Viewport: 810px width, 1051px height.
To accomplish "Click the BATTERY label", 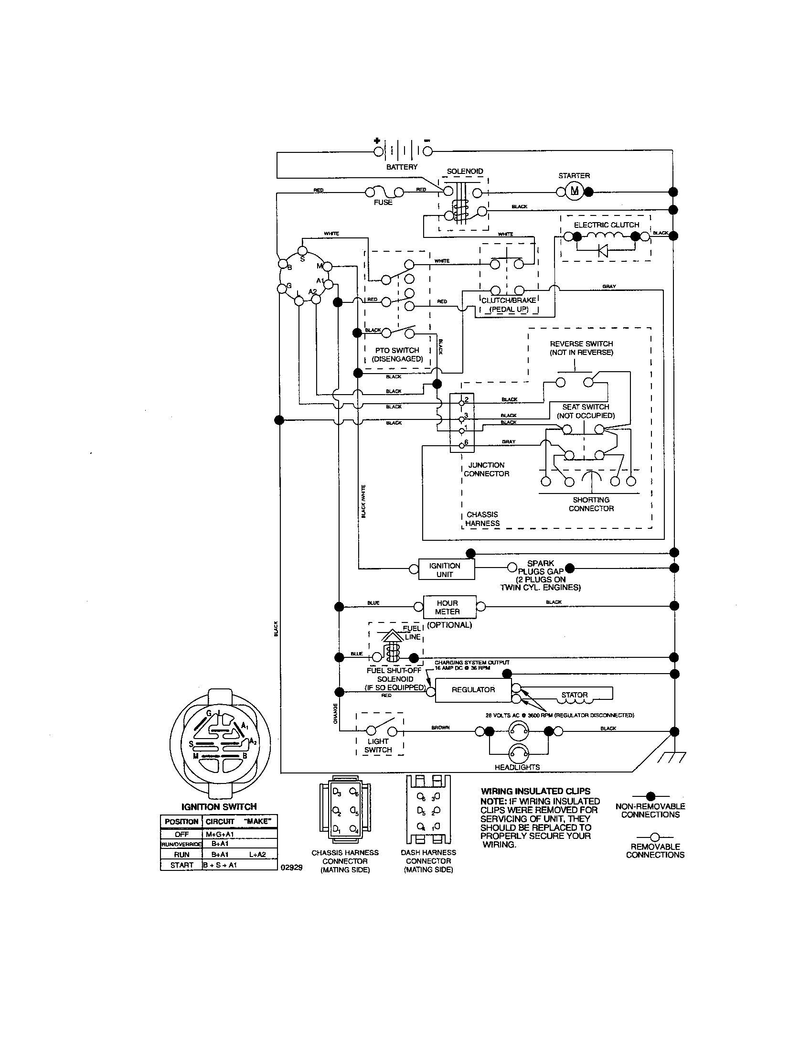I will [x=402, y=167].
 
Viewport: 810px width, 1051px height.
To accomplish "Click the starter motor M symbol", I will [x=575, y=192].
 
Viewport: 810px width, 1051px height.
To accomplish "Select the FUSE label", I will [x=383, y=203].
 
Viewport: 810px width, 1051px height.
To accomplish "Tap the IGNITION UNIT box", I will [x=445, y=570].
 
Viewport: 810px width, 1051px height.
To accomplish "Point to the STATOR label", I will [x=575, y=695].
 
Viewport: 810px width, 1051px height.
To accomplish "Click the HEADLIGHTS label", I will [x=517, y=767].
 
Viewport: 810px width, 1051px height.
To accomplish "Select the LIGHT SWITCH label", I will [x=379, y=745].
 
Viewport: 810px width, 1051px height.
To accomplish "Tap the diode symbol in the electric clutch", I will [x=602, y=251].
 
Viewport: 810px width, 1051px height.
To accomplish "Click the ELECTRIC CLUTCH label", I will [x=606, y=225].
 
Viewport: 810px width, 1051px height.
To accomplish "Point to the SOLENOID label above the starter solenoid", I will [x=465, y=172].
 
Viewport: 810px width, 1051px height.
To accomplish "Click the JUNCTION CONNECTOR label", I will [x=486, y=469].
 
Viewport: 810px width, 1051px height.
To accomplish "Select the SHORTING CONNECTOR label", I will [x=591, y=504].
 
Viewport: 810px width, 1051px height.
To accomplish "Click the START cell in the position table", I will [x=181, y=865].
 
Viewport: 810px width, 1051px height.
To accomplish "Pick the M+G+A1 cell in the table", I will [x=220, y=834].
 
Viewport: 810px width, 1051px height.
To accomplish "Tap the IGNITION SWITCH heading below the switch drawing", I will [x=219, y=806].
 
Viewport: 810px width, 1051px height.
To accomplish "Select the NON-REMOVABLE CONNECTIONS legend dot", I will [x=650, y=796].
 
